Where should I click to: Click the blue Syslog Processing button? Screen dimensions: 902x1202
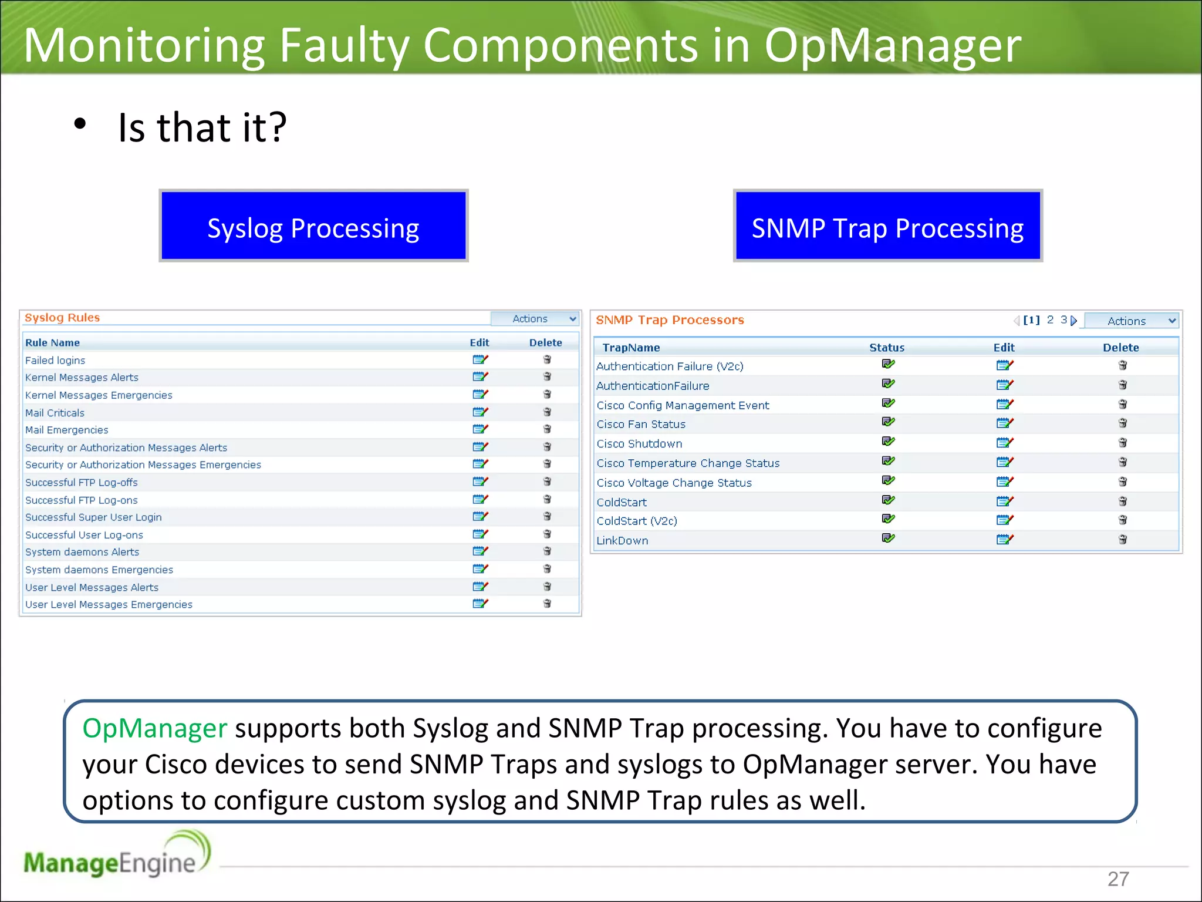313,226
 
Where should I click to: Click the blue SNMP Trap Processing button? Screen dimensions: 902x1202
887,226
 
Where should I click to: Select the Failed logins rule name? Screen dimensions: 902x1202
55,360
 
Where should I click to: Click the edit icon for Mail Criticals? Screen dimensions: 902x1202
480,412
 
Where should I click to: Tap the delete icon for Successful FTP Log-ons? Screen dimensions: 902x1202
547,499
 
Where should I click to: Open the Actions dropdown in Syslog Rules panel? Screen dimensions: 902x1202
535,318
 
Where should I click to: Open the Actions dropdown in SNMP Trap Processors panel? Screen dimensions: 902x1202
1131,321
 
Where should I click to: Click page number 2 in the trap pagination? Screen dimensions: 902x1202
1050,319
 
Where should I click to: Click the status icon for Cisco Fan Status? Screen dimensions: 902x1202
888,422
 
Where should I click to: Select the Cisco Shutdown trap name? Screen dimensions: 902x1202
639,443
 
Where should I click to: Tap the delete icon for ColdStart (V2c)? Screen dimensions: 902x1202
1122,520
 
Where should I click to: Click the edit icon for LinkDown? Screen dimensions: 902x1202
1004,539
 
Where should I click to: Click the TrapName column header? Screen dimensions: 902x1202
631,347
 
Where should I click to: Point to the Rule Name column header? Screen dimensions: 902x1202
52,342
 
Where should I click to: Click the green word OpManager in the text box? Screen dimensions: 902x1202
154,728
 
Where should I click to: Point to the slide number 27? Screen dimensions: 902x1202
1117,879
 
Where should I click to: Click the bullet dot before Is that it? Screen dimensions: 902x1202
80,124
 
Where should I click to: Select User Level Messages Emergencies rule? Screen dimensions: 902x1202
109,604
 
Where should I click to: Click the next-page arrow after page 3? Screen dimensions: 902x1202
1074,321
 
